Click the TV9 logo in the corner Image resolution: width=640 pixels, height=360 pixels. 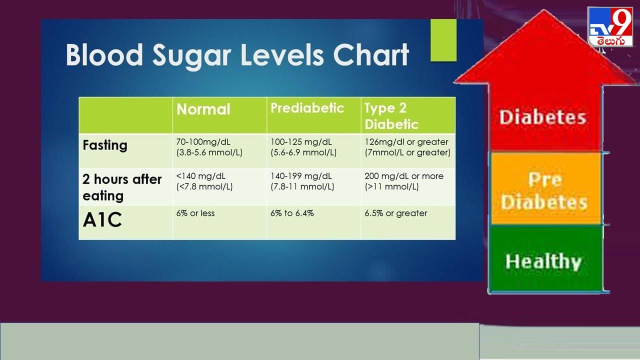[x=609, y=27]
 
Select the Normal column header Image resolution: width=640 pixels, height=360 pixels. [x=203, y=109]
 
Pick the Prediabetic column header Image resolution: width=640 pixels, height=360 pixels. [x=307, y=108]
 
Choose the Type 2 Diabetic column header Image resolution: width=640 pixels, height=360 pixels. [x=391, y=116]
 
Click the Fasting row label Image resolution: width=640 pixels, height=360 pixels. [x=105, y=145]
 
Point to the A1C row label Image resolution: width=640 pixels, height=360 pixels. [x=102, y=220]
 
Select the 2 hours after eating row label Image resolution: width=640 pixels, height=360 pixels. [x=122, y=187]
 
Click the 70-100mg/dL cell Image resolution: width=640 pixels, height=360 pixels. [x=209, y=147]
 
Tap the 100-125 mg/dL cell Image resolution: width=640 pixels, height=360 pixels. [x=303, y=147]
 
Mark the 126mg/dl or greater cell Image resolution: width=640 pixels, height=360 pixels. [x=407, y=147]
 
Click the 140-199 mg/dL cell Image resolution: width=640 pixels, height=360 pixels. [x=302, y=181]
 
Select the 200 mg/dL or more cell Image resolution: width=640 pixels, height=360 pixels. [x=404, y=181]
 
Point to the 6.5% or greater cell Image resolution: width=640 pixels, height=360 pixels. [x=396, y=213]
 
